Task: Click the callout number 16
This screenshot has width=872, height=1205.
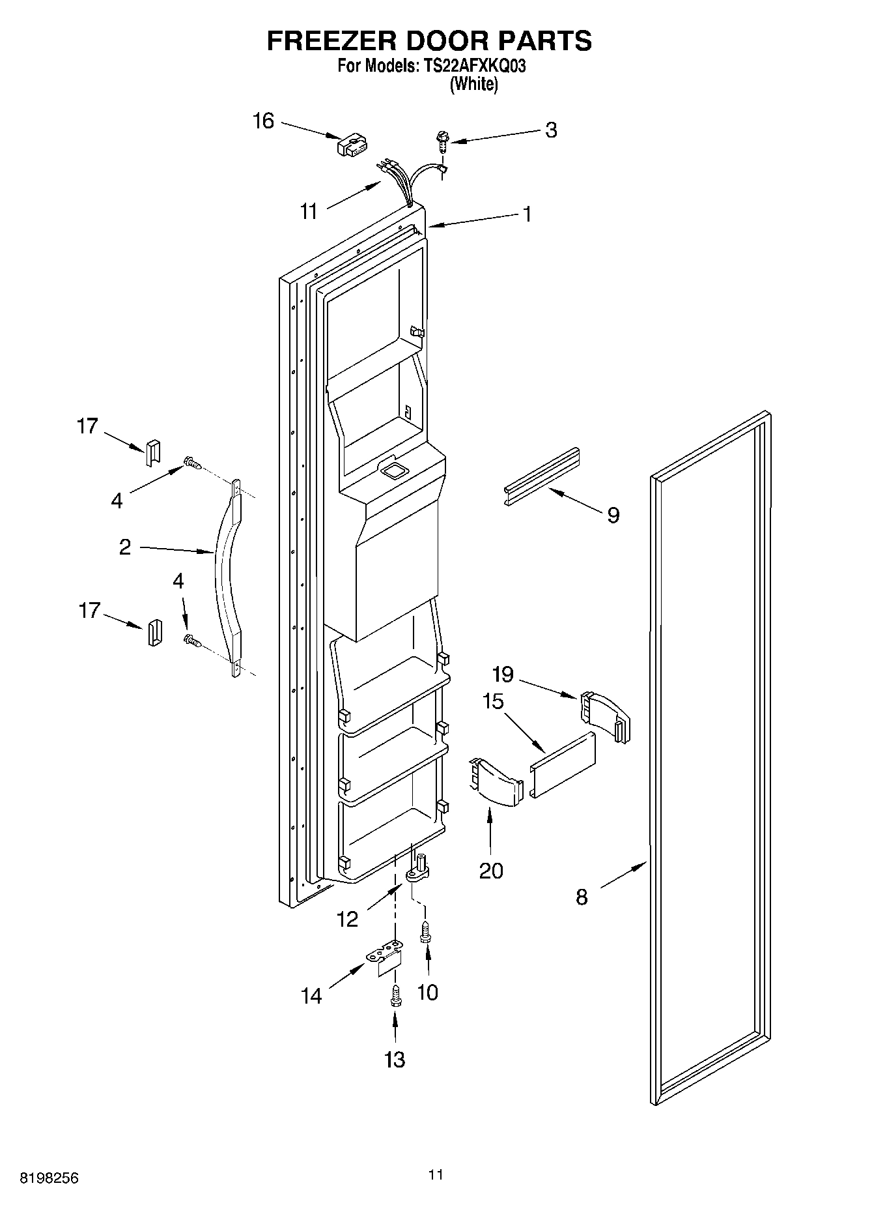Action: pyautogui.click(x=264, y=121)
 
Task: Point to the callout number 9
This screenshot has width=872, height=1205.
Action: pyautogui.click(x=613, y=515)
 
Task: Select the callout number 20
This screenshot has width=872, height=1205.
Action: pyautogui.click(x=491, y=870)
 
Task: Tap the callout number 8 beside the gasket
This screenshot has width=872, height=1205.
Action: pyautogui.click(x=582, y=897)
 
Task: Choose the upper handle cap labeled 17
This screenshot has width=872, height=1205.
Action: pyautogui.click(x=152, y=452)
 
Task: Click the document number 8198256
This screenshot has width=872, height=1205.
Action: pyautogui.click(x=49, y=1178)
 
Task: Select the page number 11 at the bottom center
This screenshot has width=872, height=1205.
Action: pyautogui.click(x=436, y=1174)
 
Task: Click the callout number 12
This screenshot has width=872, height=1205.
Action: pyautogui.click(x=348, y=919)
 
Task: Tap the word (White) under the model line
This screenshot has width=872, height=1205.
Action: pyautogui.click(x=473, y=85)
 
